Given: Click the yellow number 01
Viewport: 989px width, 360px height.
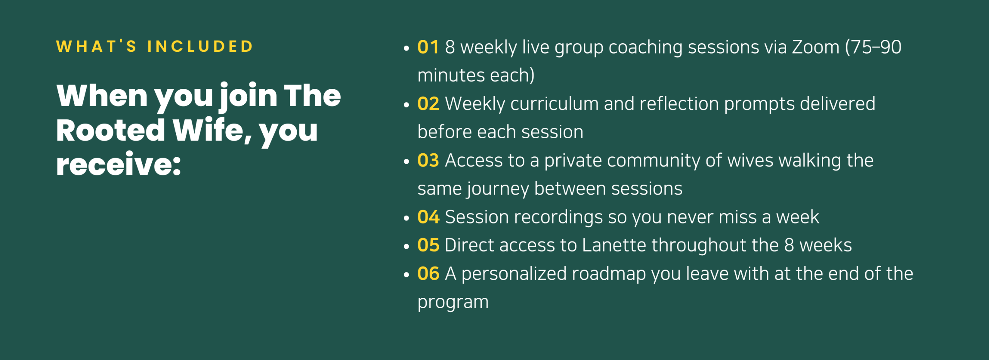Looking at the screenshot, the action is tap(428, 47).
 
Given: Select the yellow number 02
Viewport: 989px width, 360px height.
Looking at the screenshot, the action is tap(428, 104).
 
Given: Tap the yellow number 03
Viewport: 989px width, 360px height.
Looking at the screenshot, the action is tap(428, 161).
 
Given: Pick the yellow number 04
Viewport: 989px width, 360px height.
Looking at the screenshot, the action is tap(428, 217).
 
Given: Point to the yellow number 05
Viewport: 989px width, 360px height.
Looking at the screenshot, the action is tap(428, 245).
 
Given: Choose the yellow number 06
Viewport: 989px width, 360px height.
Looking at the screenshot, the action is tap(428, 274).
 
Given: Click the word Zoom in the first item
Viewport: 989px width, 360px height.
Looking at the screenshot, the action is tap(816, 47).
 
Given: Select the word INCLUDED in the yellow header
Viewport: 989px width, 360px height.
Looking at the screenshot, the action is tap(200, 47).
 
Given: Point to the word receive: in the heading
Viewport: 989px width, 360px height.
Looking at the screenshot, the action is tap(119, 164).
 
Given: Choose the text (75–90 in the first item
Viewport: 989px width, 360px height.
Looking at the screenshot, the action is tap(873, 48).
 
